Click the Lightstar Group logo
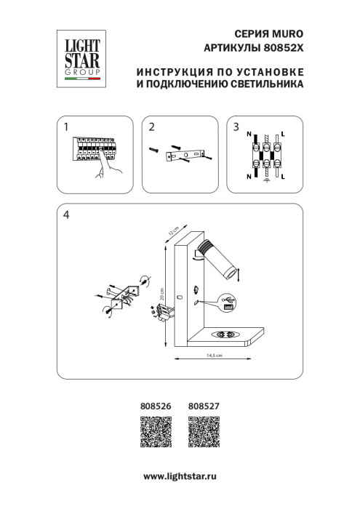(81, 55)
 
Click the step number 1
(65, 127)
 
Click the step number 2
(151, 127)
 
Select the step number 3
(236, 127)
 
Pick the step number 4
(66, 215)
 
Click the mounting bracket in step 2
(188, 155)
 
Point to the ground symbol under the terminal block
(265, 182)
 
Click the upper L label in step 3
(283, 136)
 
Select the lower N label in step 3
(249, 177)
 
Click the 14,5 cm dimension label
(213, 356)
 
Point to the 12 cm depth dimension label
(172, 231)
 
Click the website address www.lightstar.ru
(180, 475)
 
